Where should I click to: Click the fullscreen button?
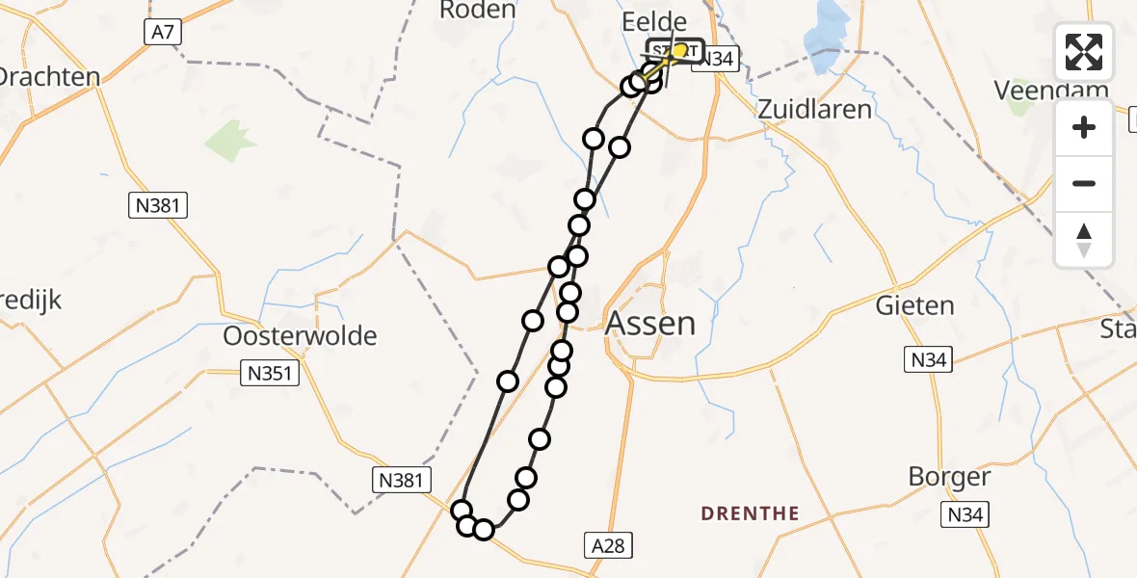[x=1084, y=51]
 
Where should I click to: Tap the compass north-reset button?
[x=1084, y=240]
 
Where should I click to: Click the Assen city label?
[x=650, y=323]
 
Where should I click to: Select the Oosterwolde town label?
[x=300, y=336]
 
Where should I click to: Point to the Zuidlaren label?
[x=814, y=109]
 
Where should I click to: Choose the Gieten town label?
[x=914, y=306]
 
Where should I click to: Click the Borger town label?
[x=949, y=477]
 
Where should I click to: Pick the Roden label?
[x=479, y=10]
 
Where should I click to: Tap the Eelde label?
[x=655, y=22]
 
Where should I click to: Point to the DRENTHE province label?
[x=751, y=513]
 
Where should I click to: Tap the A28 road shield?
[x=609, y=546]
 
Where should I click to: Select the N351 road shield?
[x=270, y=374]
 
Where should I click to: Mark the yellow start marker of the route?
[x=680, y=50]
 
